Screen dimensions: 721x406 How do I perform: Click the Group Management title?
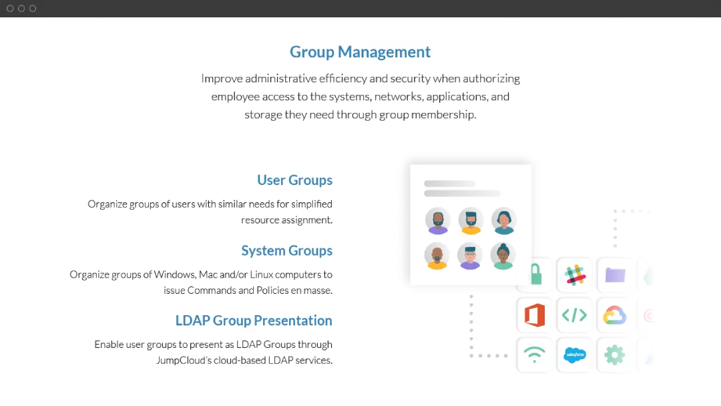pos(360,52)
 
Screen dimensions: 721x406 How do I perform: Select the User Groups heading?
pos(295,180)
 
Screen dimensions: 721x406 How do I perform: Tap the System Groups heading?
pos(287,250)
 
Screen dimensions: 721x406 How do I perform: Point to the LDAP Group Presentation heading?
pos(254,320)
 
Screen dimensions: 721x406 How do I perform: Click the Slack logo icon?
pos(575,275)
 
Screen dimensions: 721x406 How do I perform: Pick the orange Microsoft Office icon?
pos(534,315)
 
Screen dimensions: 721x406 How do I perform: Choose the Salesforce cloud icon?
pos(575,355)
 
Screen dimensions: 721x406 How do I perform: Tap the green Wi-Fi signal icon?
pos(534,355)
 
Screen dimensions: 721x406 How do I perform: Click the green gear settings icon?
pos(615,355)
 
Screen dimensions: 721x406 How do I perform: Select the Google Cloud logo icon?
pos(615,315)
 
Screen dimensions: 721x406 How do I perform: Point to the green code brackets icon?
pos(575,315)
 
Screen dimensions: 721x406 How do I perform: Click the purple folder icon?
pos(616,275)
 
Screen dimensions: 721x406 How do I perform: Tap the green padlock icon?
pos(536,274)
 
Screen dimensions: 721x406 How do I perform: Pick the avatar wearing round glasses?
pos(470,256)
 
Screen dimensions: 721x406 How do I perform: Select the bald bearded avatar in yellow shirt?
pos(437,256)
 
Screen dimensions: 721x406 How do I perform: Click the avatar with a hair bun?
pos(503,256)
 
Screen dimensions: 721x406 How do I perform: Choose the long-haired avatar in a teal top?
pos(504,221)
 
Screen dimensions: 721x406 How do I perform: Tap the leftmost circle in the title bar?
pos(10,8)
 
